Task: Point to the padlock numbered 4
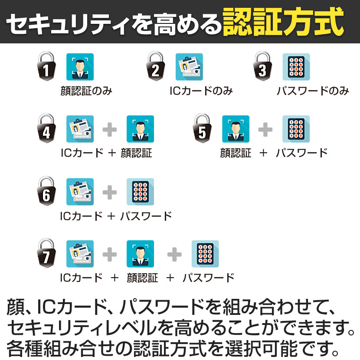pos(46,128)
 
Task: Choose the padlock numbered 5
pos(202,128)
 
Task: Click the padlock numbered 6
pos(46,191)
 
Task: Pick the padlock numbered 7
pos(46,253)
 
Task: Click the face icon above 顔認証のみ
pos(80,67)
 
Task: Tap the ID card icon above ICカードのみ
pos(189,67)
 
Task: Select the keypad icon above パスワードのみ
pos(296,67)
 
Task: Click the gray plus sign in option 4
pos(110,130)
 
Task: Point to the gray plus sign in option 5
pos(265,130)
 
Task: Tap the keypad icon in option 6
pos(140,192)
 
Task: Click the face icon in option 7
pos(140,254)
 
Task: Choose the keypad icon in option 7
pos(205,254)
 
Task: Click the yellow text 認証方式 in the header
pos(283,22)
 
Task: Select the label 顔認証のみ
pos(86,91)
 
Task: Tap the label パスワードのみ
pos(313,91)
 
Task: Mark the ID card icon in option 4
pos(80,129)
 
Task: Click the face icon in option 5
pos(236,129)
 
